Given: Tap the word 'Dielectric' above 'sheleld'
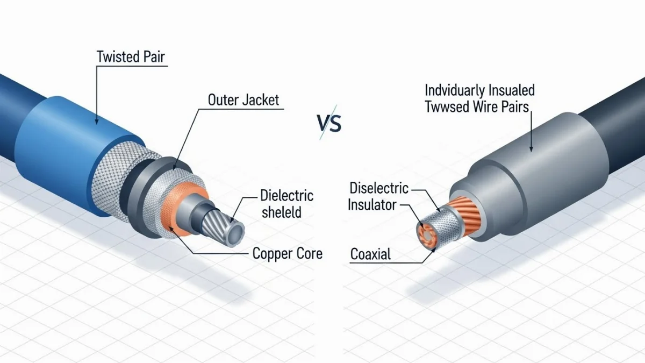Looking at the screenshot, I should coord(286,195).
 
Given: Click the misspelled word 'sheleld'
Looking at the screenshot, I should coord(281,212).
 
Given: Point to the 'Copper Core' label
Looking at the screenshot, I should coord(288,253).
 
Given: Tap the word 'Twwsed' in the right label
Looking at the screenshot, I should coord(444,106).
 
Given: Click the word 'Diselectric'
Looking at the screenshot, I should coord(379,188).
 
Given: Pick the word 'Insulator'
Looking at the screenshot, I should coord(372,205).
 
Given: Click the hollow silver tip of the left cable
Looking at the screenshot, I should coord(235,234).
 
